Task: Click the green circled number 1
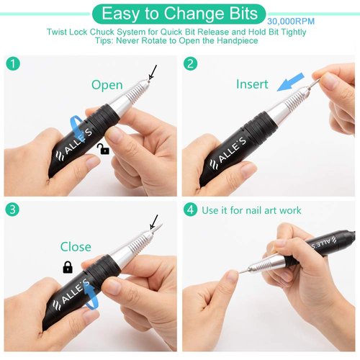tap(12, 63)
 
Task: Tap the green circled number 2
tap(191, 63)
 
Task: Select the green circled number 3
tap(12, 210)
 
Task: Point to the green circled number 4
tap(191, 210)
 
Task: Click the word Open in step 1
tap(107, 85)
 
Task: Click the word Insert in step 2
tap(252, 84)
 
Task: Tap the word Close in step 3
tap(76, 247)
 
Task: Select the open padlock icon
tap(103, 148)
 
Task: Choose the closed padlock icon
tap(68, 267)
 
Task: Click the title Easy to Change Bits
tap(180, 12)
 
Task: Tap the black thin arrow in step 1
tap(152, 73)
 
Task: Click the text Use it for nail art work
tap(252, 210)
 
